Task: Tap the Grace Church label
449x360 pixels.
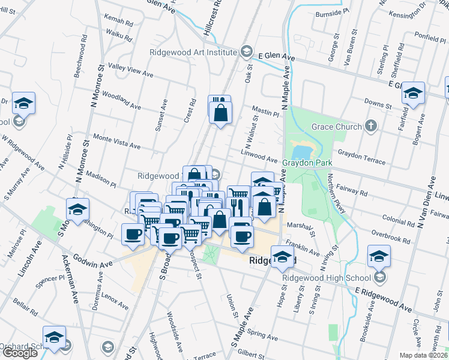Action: [x=336, y=127]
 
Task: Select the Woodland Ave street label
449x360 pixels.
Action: [x=121, y=100]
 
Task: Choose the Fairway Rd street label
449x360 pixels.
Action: [x=352, y=189]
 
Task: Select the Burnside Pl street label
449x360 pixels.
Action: [x=333, y=11]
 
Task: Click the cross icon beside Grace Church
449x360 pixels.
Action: [x=371, y=126]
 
